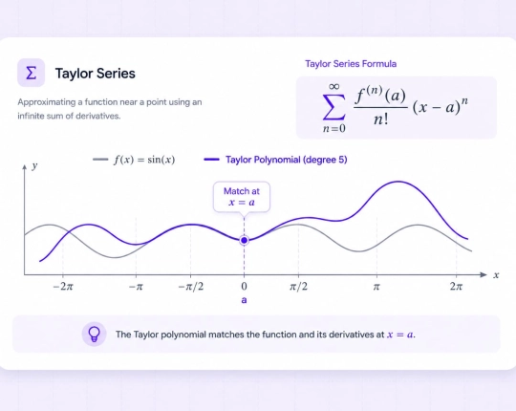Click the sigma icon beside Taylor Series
(x=31, y=73)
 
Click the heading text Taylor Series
(x=96, y=73)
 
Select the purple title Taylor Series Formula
(x=351, y=63)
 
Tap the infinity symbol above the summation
(x=333, y=86)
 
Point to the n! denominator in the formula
(x=380, y=119)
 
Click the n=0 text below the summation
(x=334, y=128)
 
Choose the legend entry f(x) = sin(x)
(x=144, y=160)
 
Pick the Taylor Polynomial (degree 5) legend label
(x=287, y=160)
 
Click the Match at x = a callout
(x=242, y=197)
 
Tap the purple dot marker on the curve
(x=245, y=241)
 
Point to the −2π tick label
(x=63, y=287)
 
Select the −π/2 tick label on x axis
(x=191, y=287)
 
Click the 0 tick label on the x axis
(x=244, y=287)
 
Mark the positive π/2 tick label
(x=299, y=287)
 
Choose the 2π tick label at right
(x=456, y=287)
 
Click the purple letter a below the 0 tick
(x=244, y=300)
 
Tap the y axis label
(x=35, y=165)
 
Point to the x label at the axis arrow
(x=496, y=275)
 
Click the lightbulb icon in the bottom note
(x=94, y=335)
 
